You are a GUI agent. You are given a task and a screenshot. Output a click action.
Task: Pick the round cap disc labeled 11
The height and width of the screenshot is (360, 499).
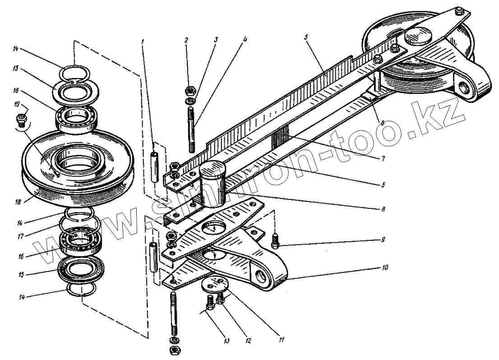coord(211,284)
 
